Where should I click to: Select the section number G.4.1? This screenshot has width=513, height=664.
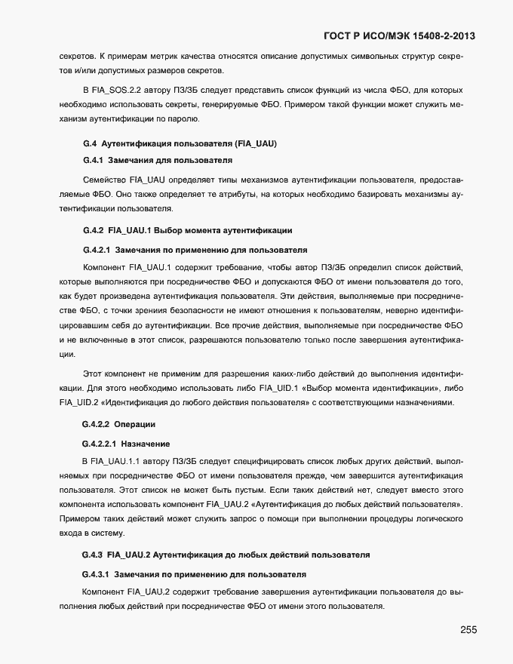pos(92,160)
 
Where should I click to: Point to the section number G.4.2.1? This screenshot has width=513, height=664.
pos(96,249)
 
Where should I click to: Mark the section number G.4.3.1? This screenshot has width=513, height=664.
pos(96,574)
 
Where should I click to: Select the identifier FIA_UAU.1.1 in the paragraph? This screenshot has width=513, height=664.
pos(112,460)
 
